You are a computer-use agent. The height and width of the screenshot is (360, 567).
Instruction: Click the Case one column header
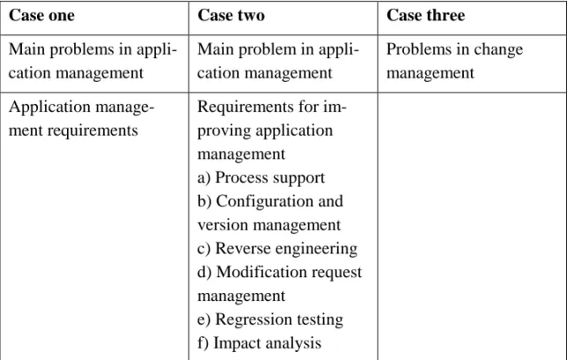coord(41,16)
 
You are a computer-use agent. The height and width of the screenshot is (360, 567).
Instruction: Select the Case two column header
coord(231,16)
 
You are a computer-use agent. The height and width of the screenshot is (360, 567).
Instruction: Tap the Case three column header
coord(425,16)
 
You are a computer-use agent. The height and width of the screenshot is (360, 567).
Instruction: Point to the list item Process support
coord(261,178)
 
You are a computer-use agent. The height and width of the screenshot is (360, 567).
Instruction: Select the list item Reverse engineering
coord(277,249)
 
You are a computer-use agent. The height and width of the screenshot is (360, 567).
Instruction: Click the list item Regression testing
coord(270,320)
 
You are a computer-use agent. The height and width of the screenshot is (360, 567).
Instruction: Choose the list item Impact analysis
coord(259,343)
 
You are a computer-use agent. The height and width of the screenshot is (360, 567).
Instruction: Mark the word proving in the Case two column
coord(224,131)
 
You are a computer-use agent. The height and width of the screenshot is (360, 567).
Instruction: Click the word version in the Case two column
coord(223,225)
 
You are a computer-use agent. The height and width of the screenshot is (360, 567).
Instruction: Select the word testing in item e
coord(320,320)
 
